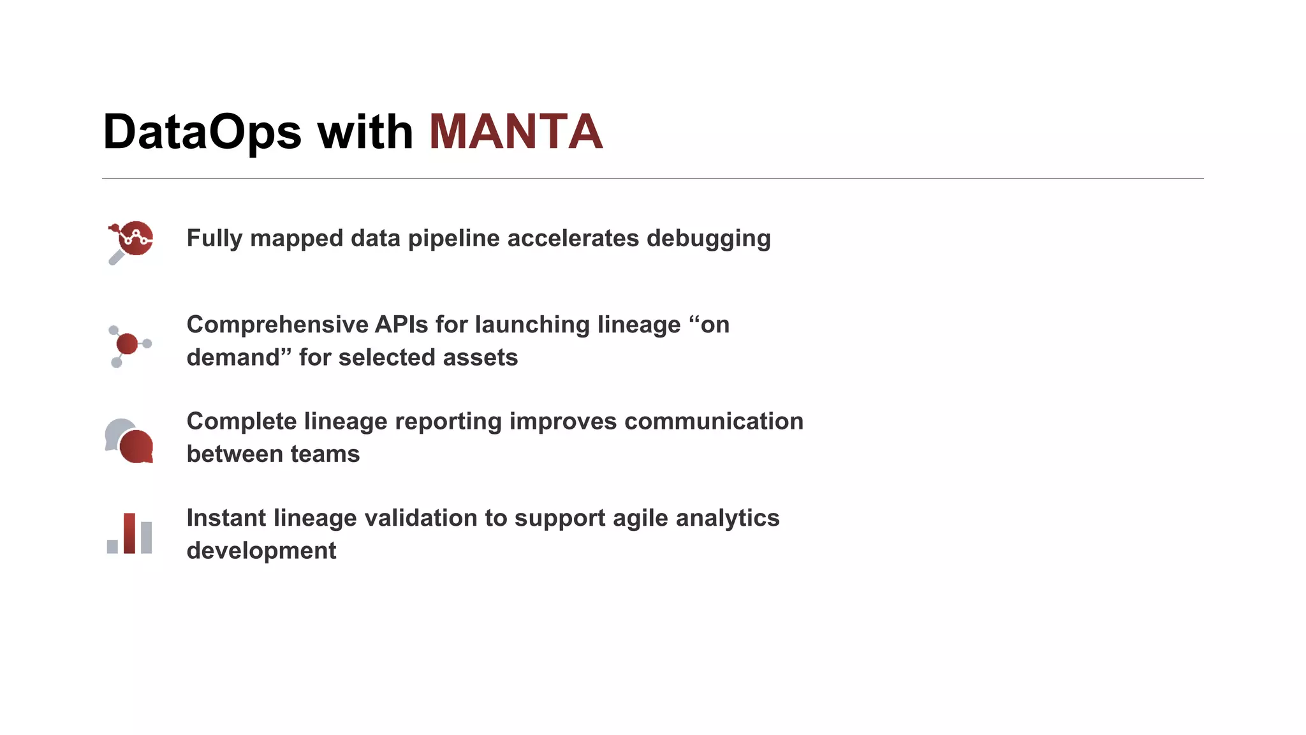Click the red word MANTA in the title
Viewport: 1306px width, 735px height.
(515, 132)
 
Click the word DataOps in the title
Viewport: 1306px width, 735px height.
(202, 132)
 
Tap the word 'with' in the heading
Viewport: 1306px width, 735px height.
(365, 132)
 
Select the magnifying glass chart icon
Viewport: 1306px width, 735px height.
(131, 241)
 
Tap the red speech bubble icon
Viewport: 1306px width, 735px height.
(136, 446)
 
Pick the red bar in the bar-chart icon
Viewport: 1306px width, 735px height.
(129, 533)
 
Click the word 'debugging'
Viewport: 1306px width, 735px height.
(708, 239)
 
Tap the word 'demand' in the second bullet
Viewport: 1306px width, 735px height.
(233, 357)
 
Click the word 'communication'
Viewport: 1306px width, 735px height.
(714, 421)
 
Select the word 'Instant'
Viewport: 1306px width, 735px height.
(226, 518)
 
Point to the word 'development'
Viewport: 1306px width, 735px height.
(261, 551)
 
